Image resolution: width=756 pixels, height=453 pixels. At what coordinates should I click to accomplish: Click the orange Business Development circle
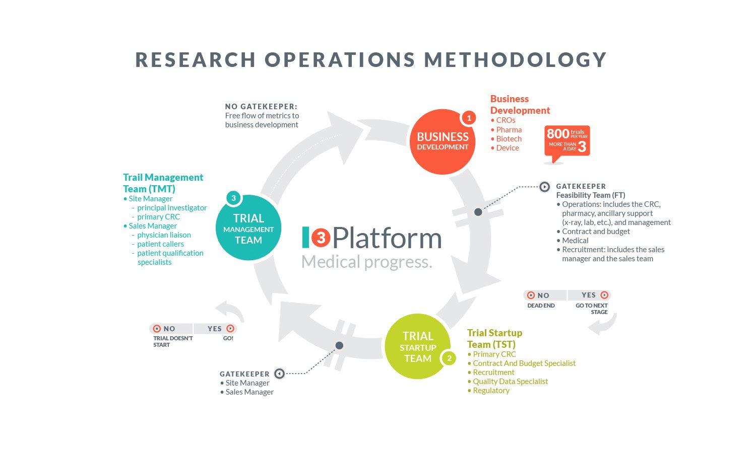click(443, 141)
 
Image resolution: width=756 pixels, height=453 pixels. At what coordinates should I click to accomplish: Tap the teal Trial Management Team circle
click(248, 228)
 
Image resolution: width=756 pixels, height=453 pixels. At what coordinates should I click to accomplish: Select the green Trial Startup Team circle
click(418, 347)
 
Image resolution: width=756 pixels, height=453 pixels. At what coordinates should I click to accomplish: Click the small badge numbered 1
click(469, 118)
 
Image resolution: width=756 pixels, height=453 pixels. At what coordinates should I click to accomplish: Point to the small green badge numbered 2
click(449, 358)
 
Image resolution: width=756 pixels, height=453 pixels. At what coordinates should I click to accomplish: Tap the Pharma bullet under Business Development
click(509, 129)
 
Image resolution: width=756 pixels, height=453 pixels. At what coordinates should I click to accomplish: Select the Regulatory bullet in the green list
click(491, 391)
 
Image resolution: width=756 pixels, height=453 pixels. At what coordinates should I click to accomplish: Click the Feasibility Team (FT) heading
click(590, 195)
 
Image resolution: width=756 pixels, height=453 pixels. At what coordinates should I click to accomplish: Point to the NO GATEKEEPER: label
click(261, 107)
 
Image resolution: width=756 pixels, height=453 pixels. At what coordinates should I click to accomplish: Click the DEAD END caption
click(541, 306)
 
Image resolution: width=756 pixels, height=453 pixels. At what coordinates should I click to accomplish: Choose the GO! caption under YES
click(228, 338)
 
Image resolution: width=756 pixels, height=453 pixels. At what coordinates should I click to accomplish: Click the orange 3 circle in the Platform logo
click(321, 238)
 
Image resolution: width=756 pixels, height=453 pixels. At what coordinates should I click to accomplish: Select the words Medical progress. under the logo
click(366, 262)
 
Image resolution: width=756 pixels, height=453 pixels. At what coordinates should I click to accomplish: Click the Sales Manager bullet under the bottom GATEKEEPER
click(249, 392)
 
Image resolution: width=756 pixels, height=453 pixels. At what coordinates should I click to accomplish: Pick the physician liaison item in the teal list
click(164, 235)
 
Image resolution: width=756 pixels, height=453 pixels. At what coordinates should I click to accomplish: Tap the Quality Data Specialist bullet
click(510, 382)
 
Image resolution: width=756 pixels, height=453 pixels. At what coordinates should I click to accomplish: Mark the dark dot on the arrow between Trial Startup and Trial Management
click(339, 345)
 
